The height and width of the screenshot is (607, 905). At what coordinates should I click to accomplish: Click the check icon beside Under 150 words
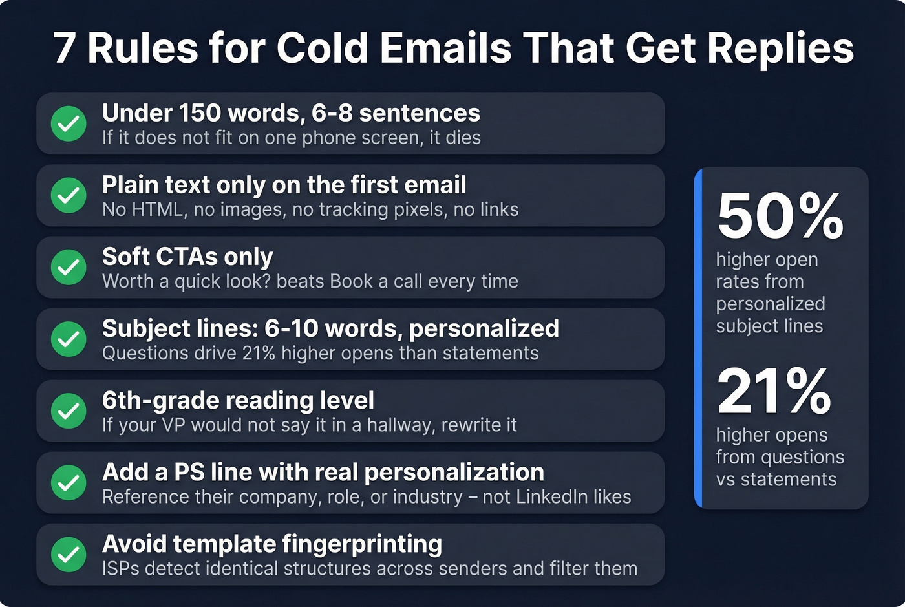coord(69,123)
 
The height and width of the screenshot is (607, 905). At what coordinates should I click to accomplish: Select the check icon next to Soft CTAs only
coord(69,267)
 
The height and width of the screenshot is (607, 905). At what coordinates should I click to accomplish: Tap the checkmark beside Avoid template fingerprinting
coord(69,555)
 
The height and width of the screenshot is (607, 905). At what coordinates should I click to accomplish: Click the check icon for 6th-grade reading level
coord(69,411)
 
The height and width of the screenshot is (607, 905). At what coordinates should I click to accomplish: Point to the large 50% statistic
coord(780,216)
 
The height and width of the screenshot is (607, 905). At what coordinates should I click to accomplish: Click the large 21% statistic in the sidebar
coord(774,391)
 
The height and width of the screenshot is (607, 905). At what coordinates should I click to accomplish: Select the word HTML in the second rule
coord(157,209)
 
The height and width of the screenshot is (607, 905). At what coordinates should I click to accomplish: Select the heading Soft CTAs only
coord(187,257)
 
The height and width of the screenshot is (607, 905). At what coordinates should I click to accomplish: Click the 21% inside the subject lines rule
coord(259,353)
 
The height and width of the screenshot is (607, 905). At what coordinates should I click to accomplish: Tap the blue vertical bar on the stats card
coord(698,338)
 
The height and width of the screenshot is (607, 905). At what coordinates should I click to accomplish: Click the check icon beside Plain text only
coord(69,195)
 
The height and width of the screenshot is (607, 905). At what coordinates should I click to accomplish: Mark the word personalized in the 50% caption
coord(771,304)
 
